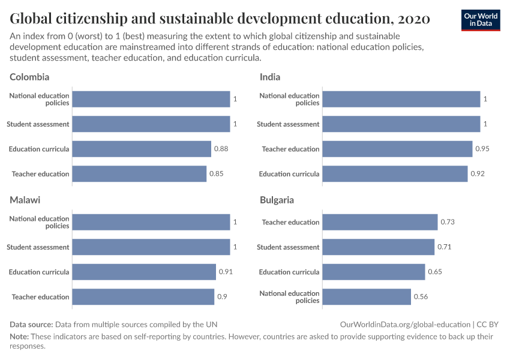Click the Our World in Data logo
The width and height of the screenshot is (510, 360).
tap(481, 20)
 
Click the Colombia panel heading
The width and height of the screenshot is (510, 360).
tap(29, 77)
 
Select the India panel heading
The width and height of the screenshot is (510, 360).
tap(270, 77)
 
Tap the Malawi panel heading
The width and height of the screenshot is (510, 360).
tap(25, 200)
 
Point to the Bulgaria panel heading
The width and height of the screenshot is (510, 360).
tap(277, 200)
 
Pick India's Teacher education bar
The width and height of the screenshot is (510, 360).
tap(397, 149)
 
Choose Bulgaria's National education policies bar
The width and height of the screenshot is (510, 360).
tap(367, 296)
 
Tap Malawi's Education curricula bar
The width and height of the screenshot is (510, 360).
tap(144, 272)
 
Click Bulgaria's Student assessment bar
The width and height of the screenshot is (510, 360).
tap(378, 247)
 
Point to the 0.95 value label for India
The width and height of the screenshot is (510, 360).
tap(482, 149)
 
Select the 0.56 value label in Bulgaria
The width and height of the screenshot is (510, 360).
tap(421, 296)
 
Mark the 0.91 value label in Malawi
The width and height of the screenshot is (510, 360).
tap(226, 272)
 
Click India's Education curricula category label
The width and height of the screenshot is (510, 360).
tap(289, 174)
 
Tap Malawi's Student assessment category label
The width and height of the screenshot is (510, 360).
tap(38, 247)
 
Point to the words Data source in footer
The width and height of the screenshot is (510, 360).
tap(31, 324)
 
